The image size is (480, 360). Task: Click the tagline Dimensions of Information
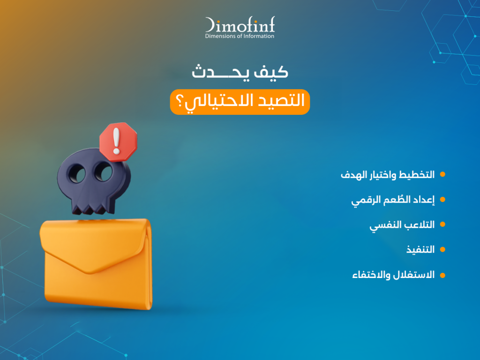(x=240, y=36)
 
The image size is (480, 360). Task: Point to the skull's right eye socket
(x=104, y=173)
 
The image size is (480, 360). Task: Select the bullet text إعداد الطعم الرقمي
(x=393, y=200)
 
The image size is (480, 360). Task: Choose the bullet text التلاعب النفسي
(x=402, y=225)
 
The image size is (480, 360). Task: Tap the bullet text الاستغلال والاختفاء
(x=393, y=275)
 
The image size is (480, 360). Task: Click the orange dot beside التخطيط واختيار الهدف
(x=442, y=175)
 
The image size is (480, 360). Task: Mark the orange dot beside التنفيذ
(x=442, y=250)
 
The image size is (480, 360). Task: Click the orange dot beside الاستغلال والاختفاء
(x=442, y=275)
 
